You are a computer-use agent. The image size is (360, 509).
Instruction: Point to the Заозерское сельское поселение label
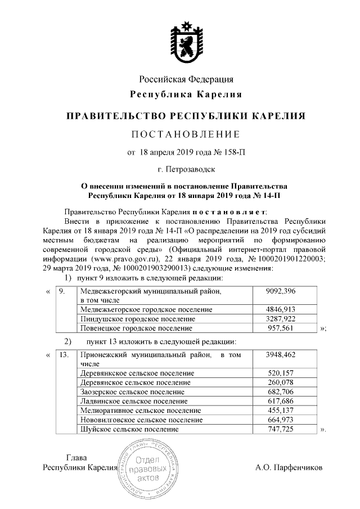(133, 391)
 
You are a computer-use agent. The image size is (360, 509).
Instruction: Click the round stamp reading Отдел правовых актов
(148, 468)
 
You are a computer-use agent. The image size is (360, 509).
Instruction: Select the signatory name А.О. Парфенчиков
(289, 467)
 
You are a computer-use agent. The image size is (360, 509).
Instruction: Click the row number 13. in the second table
(64, 354)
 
